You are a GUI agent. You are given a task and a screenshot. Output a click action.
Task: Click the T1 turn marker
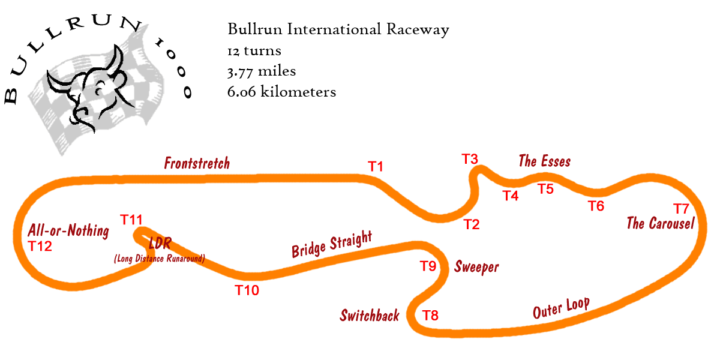tap(376, 167)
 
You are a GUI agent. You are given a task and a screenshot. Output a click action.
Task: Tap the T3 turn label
tap(470, 159)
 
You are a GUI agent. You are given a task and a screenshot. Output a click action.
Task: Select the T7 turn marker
tap(681, 209)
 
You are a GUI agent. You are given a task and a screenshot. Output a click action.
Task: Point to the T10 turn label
tap(247, 290)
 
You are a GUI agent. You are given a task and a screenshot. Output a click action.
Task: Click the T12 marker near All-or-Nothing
tap(40, 246)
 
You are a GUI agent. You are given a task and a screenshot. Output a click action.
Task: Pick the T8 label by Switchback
tap(430, 316)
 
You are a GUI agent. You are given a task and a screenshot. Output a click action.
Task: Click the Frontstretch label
tap(197, 163)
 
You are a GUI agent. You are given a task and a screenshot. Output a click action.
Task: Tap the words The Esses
tap(544, 161)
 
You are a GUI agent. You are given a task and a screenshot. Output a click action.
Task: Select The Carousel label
tap(660, 223)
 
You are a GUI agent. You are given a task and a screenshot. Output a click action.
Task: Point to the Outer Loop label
tap(561, 308)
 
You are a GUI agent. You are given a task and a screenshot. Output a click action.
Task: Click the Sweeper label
tap(476, 266)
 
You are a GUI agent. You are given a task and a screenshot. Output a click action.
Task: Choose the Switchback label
tap(370, 316)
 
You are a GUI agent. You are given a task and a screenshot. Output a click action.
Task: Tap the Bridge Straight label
tap(332, 244)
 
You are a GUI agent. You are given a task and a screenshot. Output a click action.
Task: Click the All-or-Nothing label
tap(68, 230)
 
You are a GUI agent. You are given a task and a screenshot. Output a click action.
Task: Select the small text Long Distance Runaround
tap(160, 259)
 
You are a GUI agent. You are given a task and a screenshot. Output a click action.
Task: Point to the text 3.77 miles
tap(262, 71)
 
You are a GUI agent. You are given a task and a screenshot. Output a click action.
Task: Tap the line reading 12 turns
tap(254, 51)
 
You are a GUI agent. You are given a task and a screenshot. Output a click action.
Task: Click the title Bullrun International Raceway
tap(338, 30)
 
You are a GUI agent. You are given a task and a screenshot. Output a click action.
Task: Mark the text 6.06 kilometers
tap(281, 92)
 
